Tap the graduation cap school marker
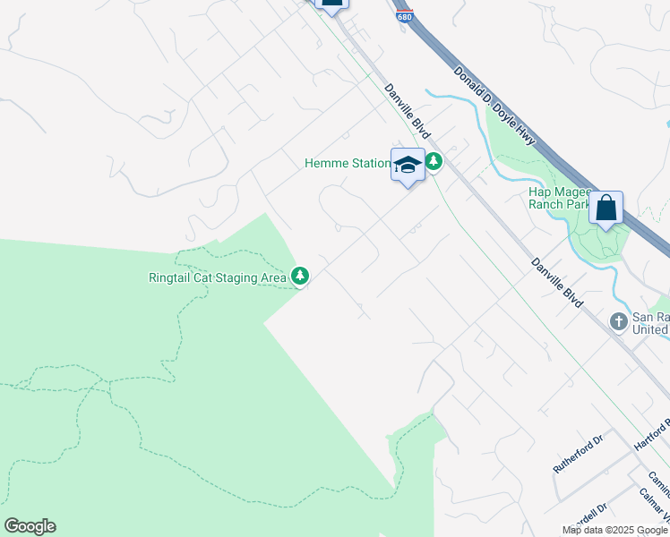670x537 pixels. tap(408, 165)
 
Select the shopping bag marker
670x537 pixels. tap(606, 209)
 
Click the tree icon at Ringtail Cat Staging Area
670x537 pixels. tap(301, 277)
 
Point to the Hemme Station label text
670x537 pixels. tap(348, 163)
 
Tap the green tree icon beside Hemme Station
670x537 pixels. tap(434, 162)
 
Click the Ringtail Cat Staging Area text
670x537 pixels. tap(218, 277)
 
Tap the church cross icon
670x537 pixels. tap(618, 320)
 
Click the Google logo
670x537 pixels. tap(30, 525)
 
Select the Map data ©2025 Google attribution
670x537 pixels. tap(615, 530)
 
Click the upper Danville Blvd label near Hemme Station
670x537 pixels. tap(408, 111)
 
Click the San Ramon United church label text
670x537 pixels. tap(650, 323)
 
